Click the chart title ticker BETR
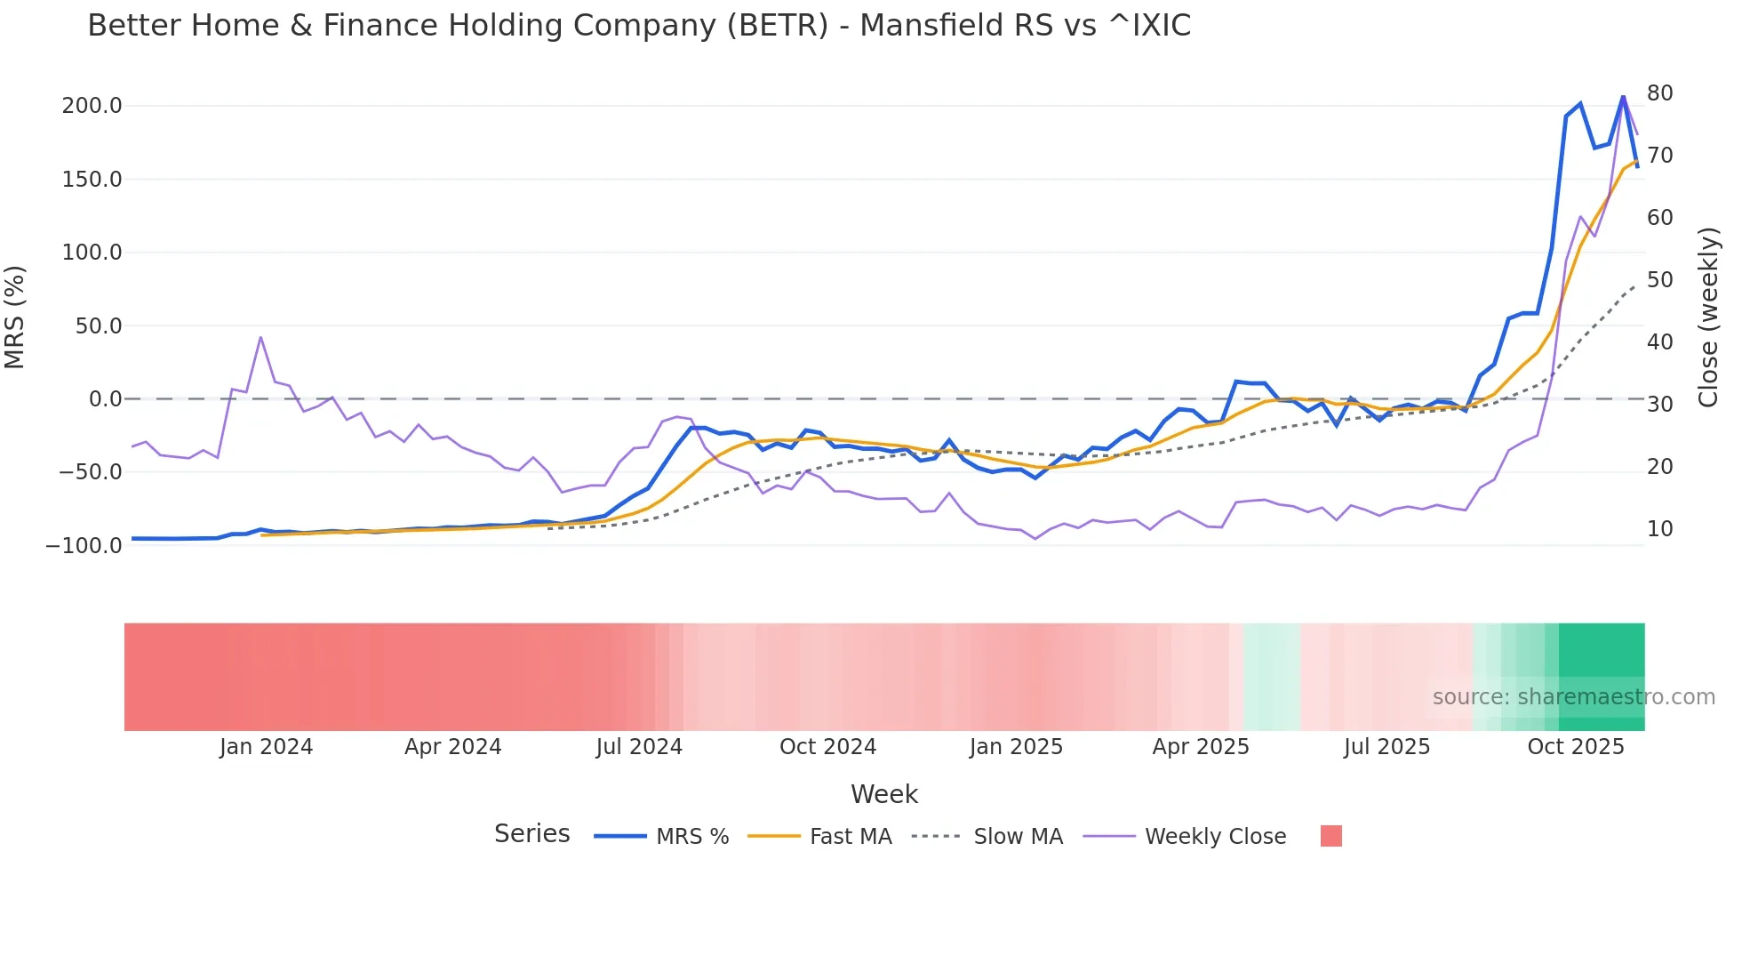click(x=778, y=26)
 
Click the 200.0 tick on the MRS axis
click(x=92, y=106)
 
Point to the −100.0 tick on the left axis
click(x=84, y=546)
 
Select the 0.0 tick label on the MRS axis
click(x=105, y=399)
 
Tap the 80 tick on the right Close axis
click(x=1659, y=93)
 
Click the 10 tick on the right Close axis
click(x=1659, y=529)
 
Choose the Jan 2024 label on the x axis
click(x=266, y=747)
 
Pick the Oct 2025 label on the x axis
click(x=1575, y=747)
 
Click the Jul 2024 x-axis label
click(x=638, y=747)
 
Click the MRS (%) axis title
click(x=15, y=317)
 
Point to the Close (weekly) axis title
click(x=1708, y=317)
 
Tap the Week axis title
click(x=883, y=794)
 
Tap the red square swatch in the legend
click(x=1330, y=836)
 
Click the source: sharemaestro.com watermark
click(x=1573, y=697)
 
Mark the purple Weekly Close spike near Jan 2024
click(x=260, y=337)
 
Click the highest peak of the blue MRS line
click(x=1623, y=96)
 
